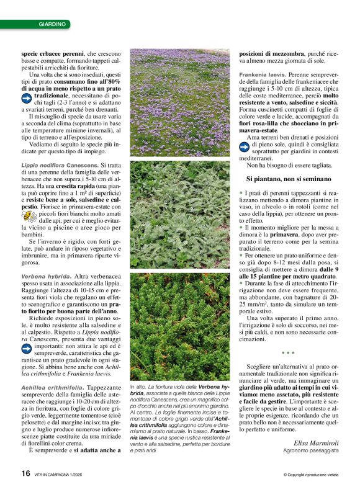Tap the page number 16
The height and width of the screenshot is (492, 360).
tap(25, 473)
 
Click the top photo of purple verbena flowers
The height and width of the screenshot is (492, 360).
tap(179, 102)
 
